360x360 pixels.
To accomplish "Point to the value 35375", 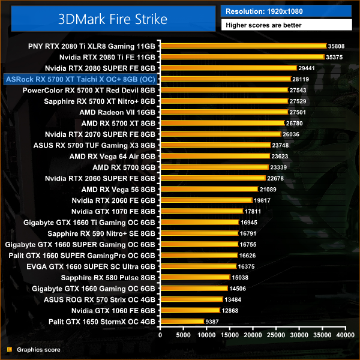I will [335, 57].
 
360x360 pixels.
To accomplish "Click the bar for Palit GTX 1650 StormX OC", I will [180, 322].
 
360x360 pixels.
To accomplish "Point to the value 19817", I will [262, 200].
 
